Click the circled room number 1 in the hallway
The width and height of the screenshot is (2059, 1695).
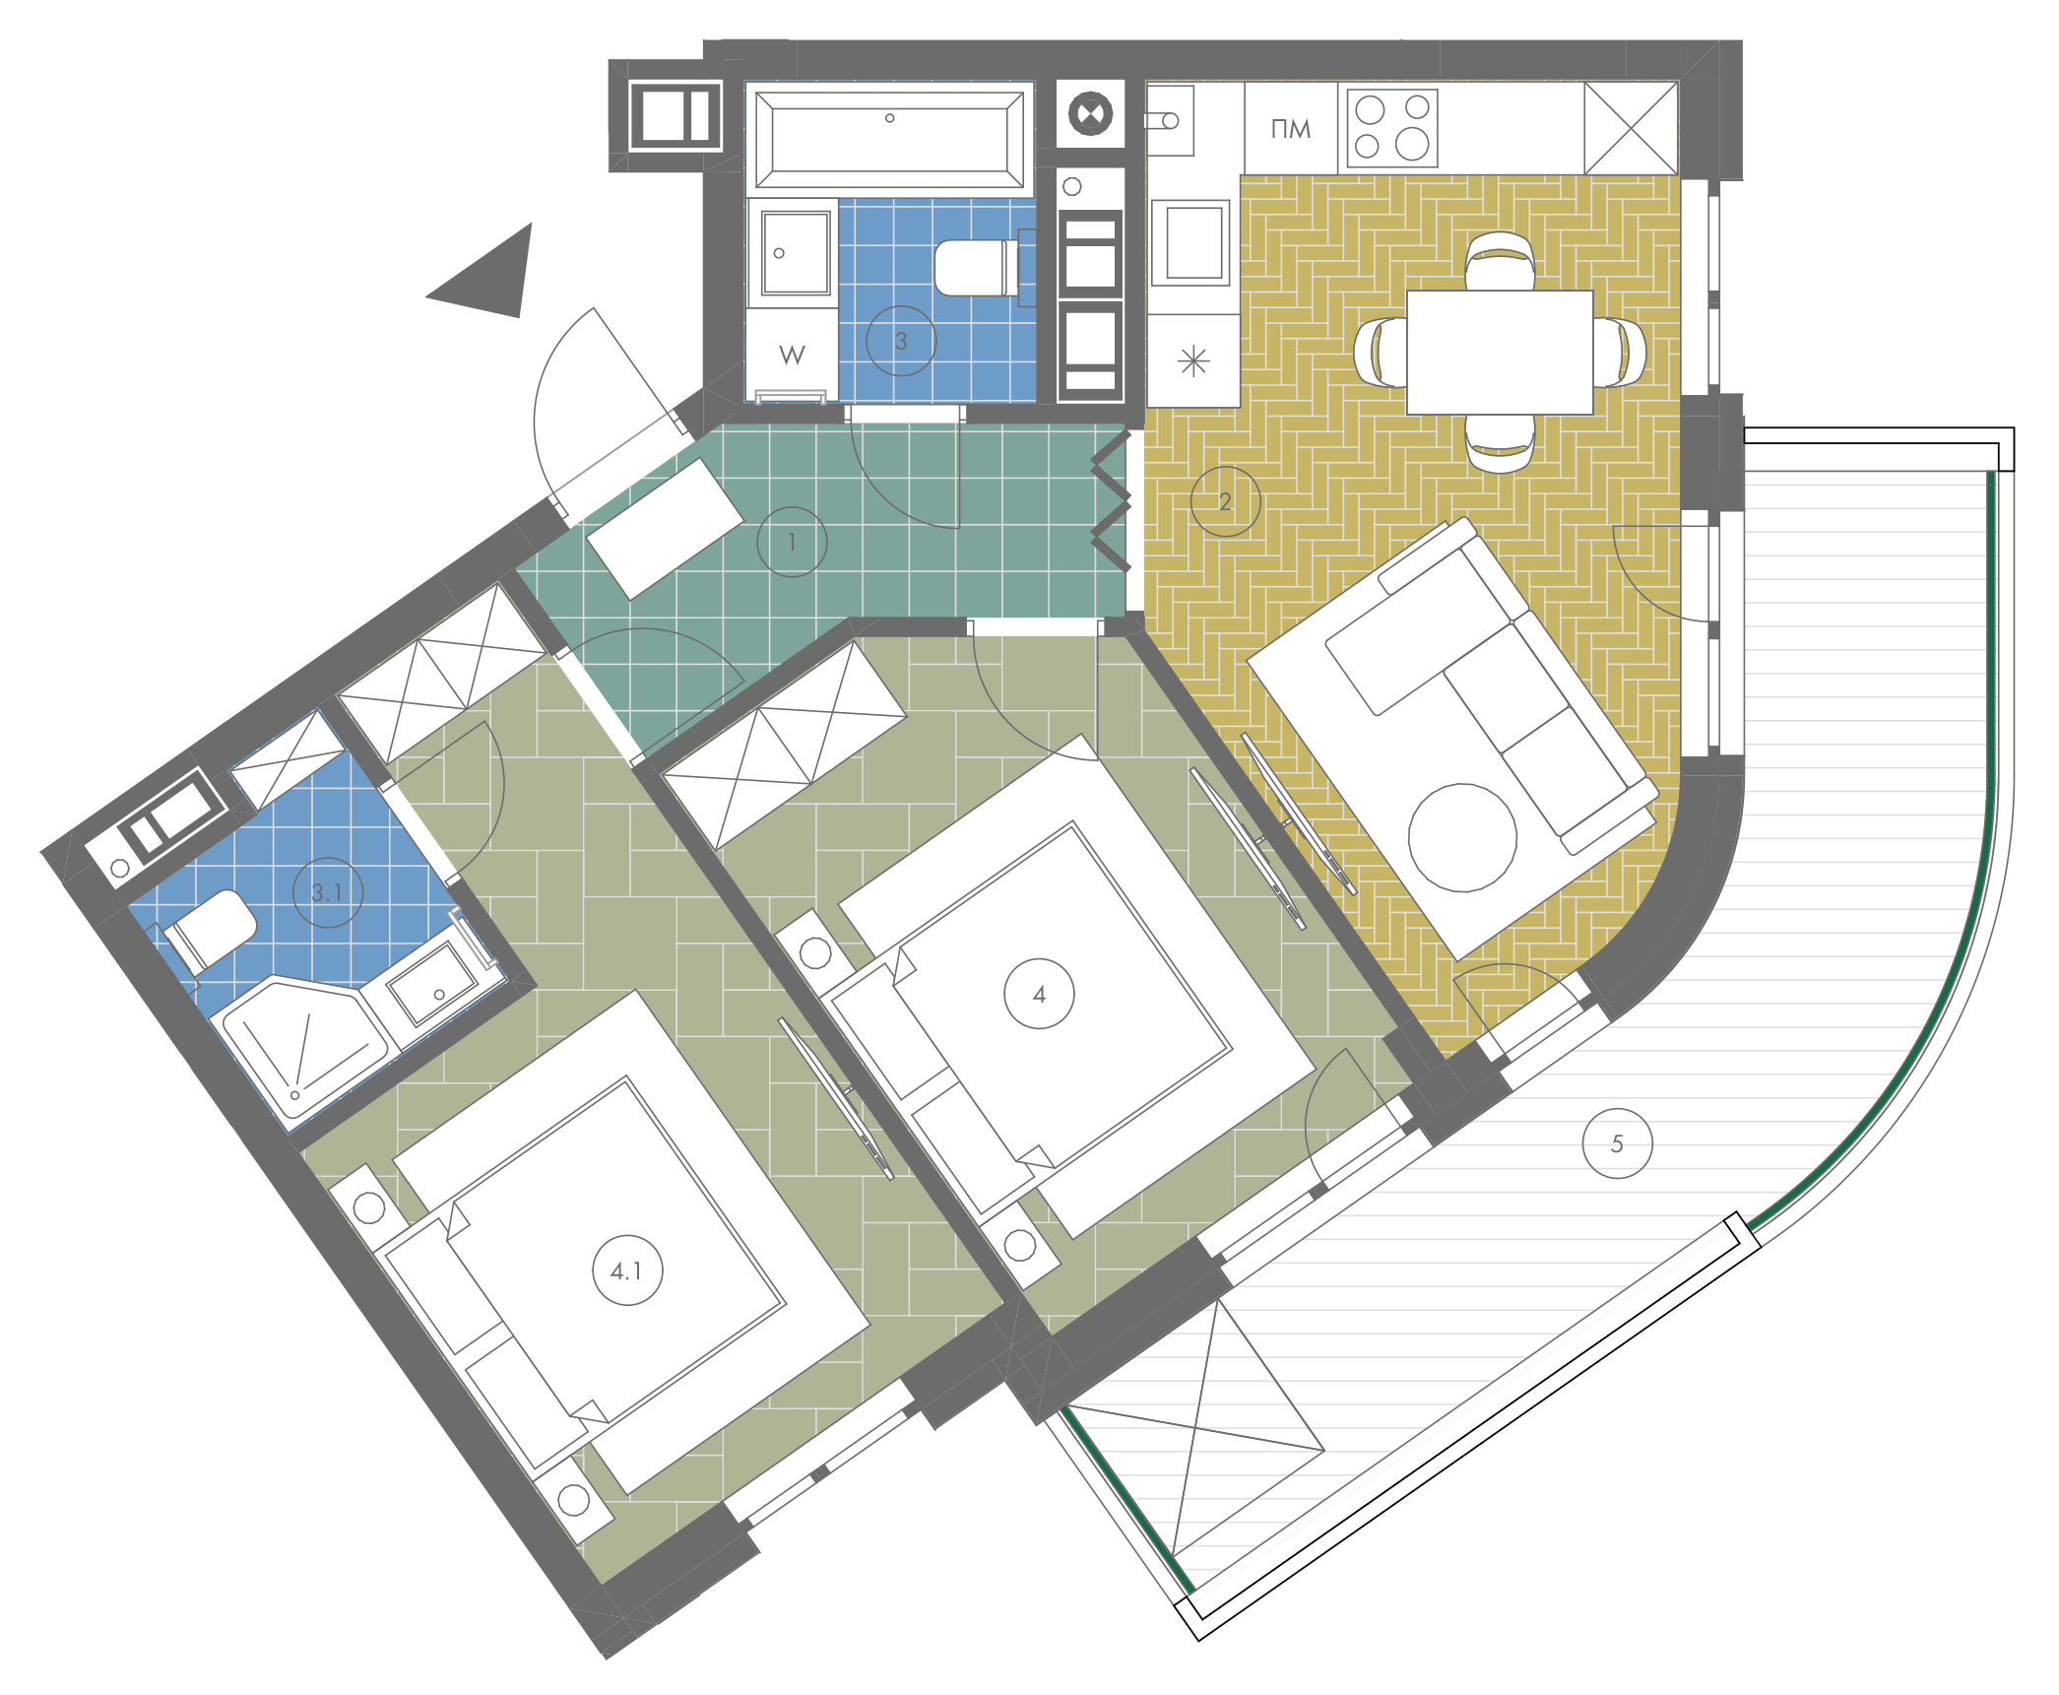click(792, 542)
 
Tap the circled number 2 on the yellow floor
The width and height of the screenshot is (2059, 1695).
click(1225, 501)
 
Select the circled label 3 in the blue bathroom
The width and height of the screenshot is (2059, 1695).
click(901, 341)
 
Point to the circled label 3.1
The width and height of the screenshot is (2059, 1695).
click(328, 892)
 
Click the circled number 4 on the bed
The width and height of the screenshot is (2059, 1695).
click(1039, 994)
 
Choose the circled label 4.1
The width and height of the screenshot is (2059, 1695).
click(627, 1271)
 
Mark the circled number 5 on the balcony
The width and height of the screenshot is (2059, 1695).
click(1617, 1143)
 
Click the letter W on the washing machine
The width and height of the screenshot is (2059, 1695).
click(792, 355)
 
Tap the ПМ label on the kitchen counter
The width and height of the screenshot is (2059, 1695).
click(1291, 129)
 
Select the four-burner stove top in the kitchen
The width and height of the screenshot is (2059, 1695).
click(1392, 128)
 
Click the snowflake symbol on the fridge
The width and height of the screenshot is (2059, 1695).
click(1193, 361)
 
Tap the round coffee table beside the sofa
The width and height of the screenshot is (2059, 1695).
click(1462, 837)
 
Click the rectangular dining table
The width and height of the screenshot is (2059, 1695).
click(1500, 352)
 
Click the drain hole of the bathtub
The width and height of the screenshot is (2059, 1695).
click(889, 118)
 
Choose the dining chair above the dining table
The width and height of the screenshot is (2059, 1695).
click(1500, 261)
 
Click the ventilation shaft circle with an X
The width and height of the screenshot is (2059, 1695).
click(1090, 113)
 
